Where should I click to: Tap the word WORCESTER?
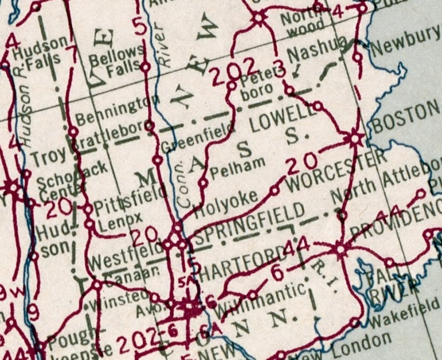(x=336, y=170)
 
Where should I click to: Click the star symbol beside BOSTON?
(x=354, y=137)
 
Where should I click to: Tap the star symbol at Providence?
(x=340, y=249)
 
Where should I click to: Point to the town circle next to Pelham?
(x=203, y=182)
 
